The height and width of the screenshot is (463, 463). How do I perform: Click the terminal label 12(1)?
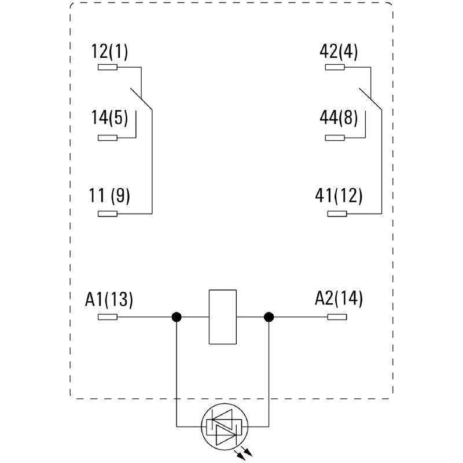coord(109,52)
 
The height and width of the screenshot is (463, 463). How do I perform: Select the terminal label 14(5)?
coord(109,117)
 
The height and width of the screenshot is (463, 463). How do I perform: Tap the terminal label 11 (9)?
coord(110,196)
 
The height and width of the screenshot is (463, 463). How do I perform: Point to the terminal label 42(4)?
coord(339,52)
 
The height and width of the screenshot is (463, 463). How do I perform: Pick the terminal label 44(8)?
coord(339,117)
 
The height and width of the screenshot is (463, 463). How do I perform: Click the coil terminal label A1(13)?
coord(109,299)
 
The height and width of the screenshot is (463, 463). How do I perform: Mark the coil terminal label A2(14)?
coord(339,299)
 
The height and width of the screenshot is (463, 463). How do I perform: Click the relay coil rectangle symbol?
coord(222,317)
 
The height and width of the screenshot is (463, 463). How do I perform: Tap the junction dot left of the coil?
coord(177,317)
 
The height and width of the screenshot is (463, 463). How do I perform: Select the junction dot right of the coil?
coord(269,317)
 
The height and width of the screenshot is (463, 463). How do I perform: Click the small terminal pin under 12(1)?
coord(108,68)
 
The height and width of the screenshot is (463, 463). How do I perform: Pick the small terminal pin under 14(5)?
coord(108,138)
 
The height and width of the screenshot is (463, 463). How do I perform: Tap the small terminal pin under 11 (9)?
coord(108,214)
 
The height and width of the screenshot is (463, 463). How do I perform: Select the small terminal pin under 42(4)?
coord(335,68)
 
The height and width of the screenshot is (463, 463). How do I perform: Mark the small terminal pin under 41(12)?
coord(337,214)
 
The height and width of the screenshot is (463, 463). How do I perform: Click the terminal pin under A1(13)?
coord(108,317)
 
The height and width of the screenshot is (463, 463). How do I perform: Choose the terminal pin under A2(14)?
coord(337,317)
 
